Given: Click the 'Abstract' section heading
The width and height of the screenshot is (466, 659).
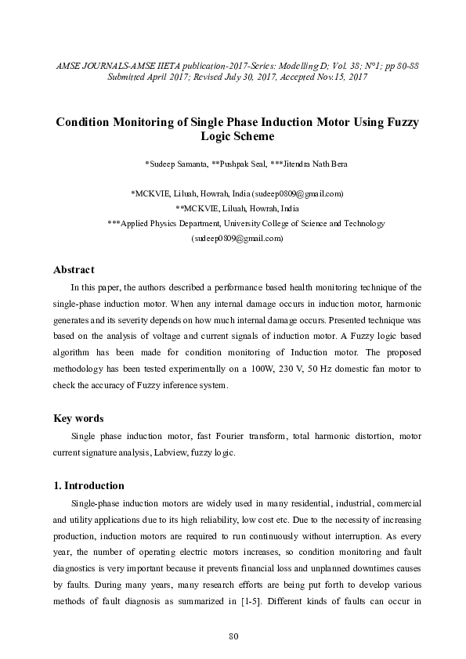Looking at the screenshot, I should click(x=73, y=270).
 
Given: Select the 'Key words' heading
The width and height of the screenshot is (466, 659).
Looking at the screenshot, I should click(x=78, y=418).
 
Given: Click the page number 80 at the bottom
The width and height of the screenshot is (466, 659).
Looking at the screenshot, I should click(x=233, y=635).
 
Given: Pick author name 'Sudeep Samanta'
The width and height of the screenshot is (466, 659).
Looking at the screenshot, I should click(x=175, y=164).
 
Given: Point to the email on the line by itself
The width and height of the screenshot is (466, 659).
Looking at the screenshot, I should click(x=237, y=239).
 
